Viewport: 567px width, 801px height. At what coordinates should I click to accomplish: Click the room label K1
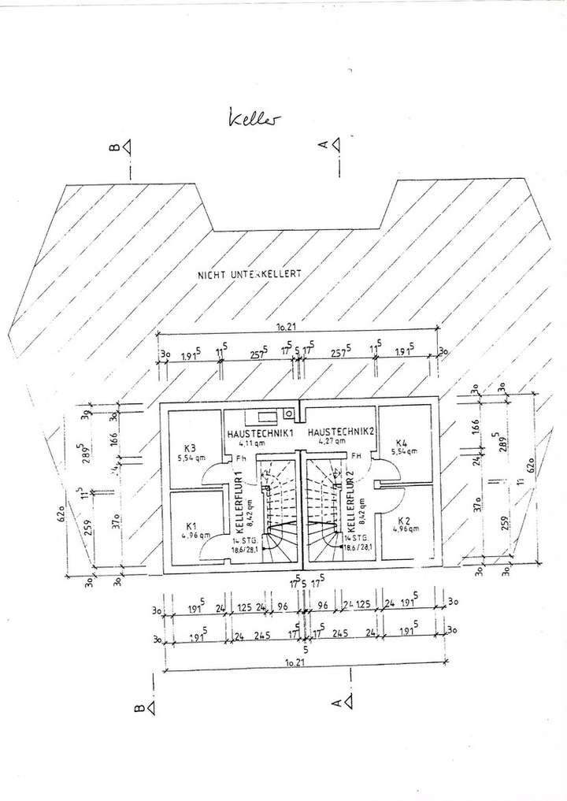pyautogui.click(x=191, y=525)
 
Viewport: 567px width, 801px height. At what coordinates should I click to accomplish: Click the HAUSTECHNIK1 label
pyautogui.click(x=260, y=433)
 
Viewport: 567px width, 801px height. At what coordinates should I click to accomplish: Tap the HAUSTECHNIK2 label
pyautogui.click(x=339, y=433)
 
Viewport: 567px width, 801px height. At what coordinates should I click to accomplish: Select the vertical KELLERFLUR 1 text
pyautogui.click(x=239, y=502)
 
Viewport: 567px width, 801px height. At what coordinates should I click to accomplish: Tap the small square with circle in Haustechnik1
pyautogui.click(x=290, y=412)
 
